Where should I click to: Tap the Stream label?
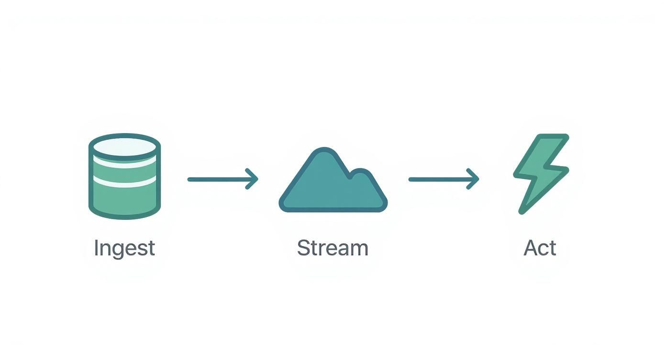[x=333, y=248]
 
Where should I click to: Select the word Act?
[x=540, y=248]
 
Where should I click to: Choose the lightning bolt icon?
[x=541, y=173]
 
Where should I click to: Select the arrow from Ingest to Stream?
[x=222, y=179]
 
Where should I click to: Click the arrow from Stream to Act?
[x=443, y=179]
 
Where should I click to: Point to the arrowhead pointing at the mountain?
[x=253, y=179]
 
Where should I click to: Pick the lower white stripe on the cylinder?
[x=125, y=181]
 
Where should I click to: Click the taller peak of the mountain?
[x=325, y=152]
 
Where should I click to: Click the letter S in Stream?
[x=303, y=248]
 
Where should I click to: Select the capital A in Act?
[x=531, y=248]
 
